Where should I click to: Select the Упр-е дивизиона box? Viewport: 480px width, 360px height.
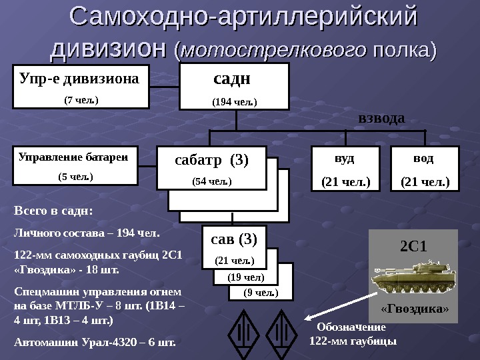tap(81, 87)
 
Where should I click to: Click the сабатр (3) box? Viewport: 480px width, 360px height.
tap(211, 167)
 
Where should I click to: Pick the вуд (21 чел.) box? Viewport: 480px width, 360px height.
tap(345, 168)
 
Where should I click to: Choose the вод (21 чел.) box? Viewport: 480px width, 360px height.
tap(425, 168)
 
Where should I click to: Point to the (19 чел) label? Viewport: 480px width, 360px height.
tap(246, 277)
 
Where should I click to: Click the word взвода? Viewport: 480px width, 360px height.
tap(381, 119)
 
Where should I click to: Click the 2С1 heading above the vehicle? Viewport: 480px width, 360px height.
tap(413, 246)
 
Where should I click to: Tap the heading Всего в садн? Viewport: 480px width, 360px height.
tap(53, 211)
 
